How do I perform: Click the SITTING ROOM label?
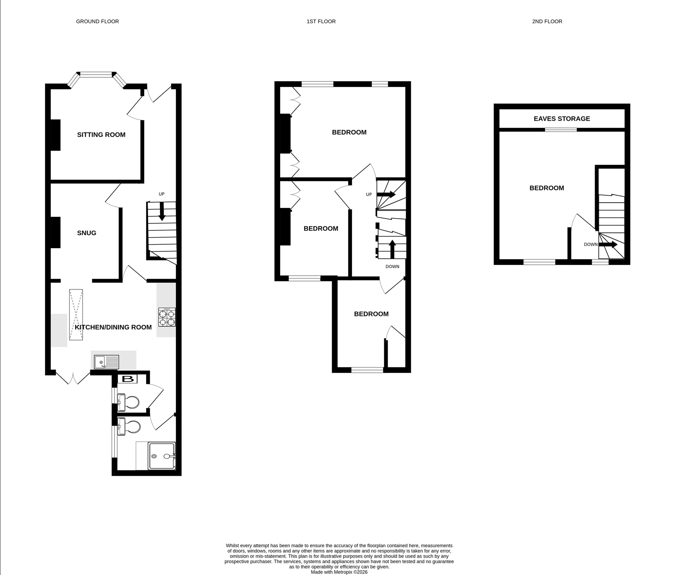101,135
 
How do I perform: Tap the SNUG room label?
86,233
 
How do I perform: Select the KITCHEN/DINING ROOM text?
113,327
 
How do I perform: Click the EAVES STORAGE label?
561,119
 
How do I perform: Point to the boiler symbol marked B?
128,379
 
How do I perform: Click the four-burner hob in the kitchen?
167,317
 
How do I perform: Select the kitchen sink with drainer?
107,362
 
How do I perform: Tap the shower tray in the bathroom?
161,456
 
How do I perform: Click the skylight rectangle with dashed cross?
76,315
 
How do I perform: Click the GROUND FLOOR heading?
97,21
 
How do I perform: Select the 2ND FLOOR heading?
547,21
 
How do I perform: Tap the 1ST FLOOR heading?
321,21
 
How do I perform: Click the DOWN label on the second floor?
590,244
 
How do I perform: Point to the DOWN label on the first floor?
392,266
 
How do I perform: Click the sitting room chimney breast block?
56,135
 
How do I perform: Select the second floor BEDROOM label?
546,188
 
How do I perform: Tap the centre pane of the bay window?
96,74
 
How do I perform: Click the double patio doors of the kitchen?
73,378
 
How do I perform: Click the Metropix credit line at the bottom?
339,572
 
